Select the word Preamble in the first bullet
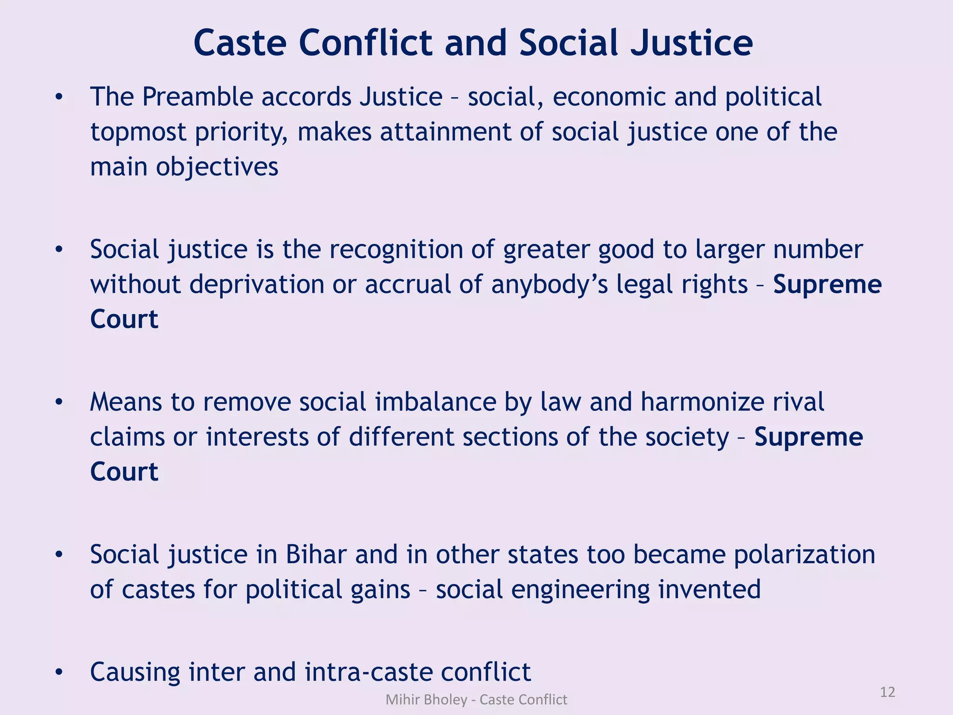(197, 97)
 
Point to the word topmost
(138, 132)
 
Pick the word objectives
(217, 167)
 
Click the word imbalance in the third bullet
(436, 402)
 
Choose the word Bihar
(316, 554)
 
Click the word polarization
(805, 554)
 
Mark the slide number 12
(887, 692)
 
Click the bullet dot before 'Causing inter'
(59, 672)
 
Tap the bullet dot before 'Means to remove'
(59, 402)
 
